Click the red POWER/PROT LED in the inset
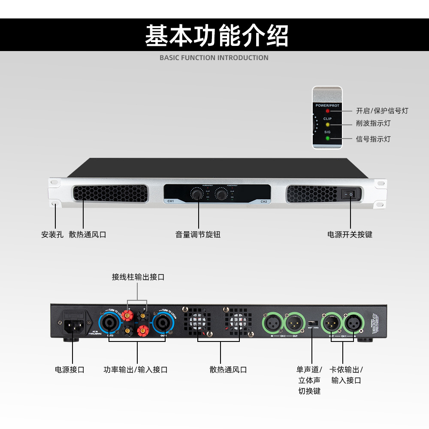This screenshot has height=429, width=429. point(327,111)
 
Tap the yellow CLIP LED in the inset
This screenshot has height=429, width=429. point(327,124)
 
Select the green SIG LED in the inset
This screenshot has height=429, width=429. point(327,138)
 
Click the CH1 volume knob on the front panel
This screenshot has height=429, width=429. point(197,195)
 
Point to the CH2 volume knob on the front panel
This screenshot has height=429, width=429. point(221,195)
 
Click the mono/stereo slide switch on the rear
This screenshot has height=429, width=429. point(312,322)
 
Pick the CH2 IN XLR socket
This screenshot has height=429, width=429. point(272,322)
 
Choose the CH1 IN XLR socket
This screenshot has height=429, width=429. point(353,322)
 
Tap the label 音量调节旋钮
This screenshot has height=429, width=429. point(198,235)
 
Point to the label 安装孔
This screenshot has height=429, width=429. point(52,235)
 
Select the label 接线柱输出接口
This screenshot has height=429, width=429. point(138,277)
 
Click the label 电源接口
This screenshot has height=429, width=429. point(69,370)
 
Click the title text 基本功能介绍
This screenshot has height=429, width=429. point(217,36)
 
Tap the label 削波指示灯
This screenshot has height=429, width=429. point(373,124)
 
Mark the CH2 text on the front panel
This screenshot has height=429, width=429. point(263,201)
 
